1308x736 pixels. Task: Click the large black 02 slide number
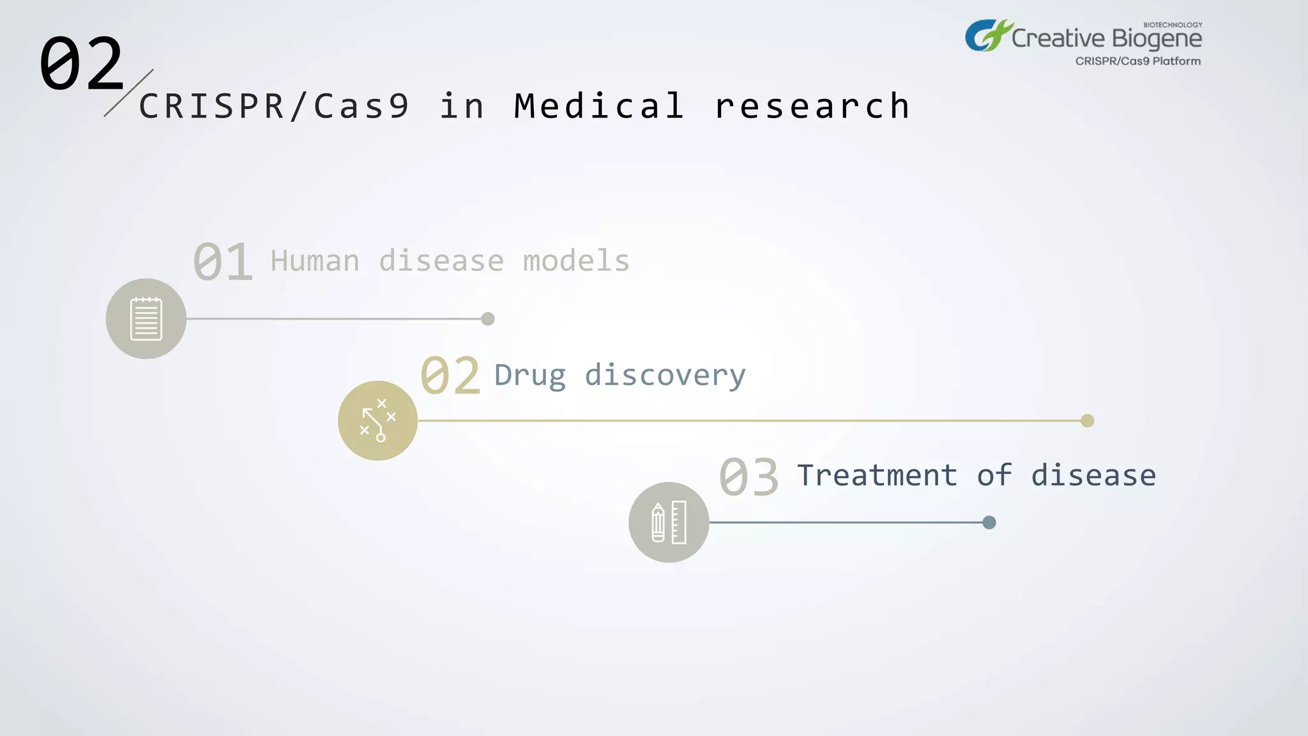click(x=81, y=63)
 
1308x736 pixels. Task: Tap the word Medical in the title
click(x=599, y=106)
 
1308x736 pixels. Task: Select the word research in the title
click(x=812, y=106)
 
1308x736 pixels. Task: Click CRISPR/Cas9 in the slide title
click(x=274, y=106)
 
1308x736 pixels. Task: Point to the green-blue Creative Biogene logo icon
click(x=987, y=36)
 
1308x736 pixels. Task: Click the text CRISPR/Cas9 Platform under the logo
click(x=1137, y=61)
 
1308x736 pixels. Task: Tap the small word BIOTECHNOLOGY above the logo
click(x=1173, y=25)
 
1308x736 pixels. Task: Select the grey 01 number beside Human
click(x=223, y=262)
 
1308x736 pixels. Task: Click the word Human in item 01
click(x=315, y=261)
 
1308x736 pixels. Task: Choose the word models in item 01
click(x=576, y=261)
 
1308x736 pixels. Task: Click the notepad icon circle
click(x=146, y=319)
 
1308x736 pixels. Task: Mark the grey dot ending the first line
click(x=488, y=319)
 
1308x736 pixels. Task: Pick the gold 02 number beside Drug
click(x=450, y=376)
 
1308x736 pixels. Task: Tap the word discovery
click(x=665, y=376)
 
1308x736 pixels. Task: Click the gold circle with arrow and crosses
click(x=377, y=420)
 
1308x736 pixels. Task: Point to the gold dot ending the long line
click(x=1087, y=420)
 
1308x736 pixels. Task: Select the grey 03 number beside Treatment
click(x=749, y=477)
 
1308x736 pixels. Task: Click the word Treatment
click(x=877, y=476)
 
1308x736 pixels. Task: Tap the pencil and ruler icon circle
click(x=669, y=522)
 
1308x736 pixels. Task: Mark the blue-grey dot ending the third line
click(x=989, y=523)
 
